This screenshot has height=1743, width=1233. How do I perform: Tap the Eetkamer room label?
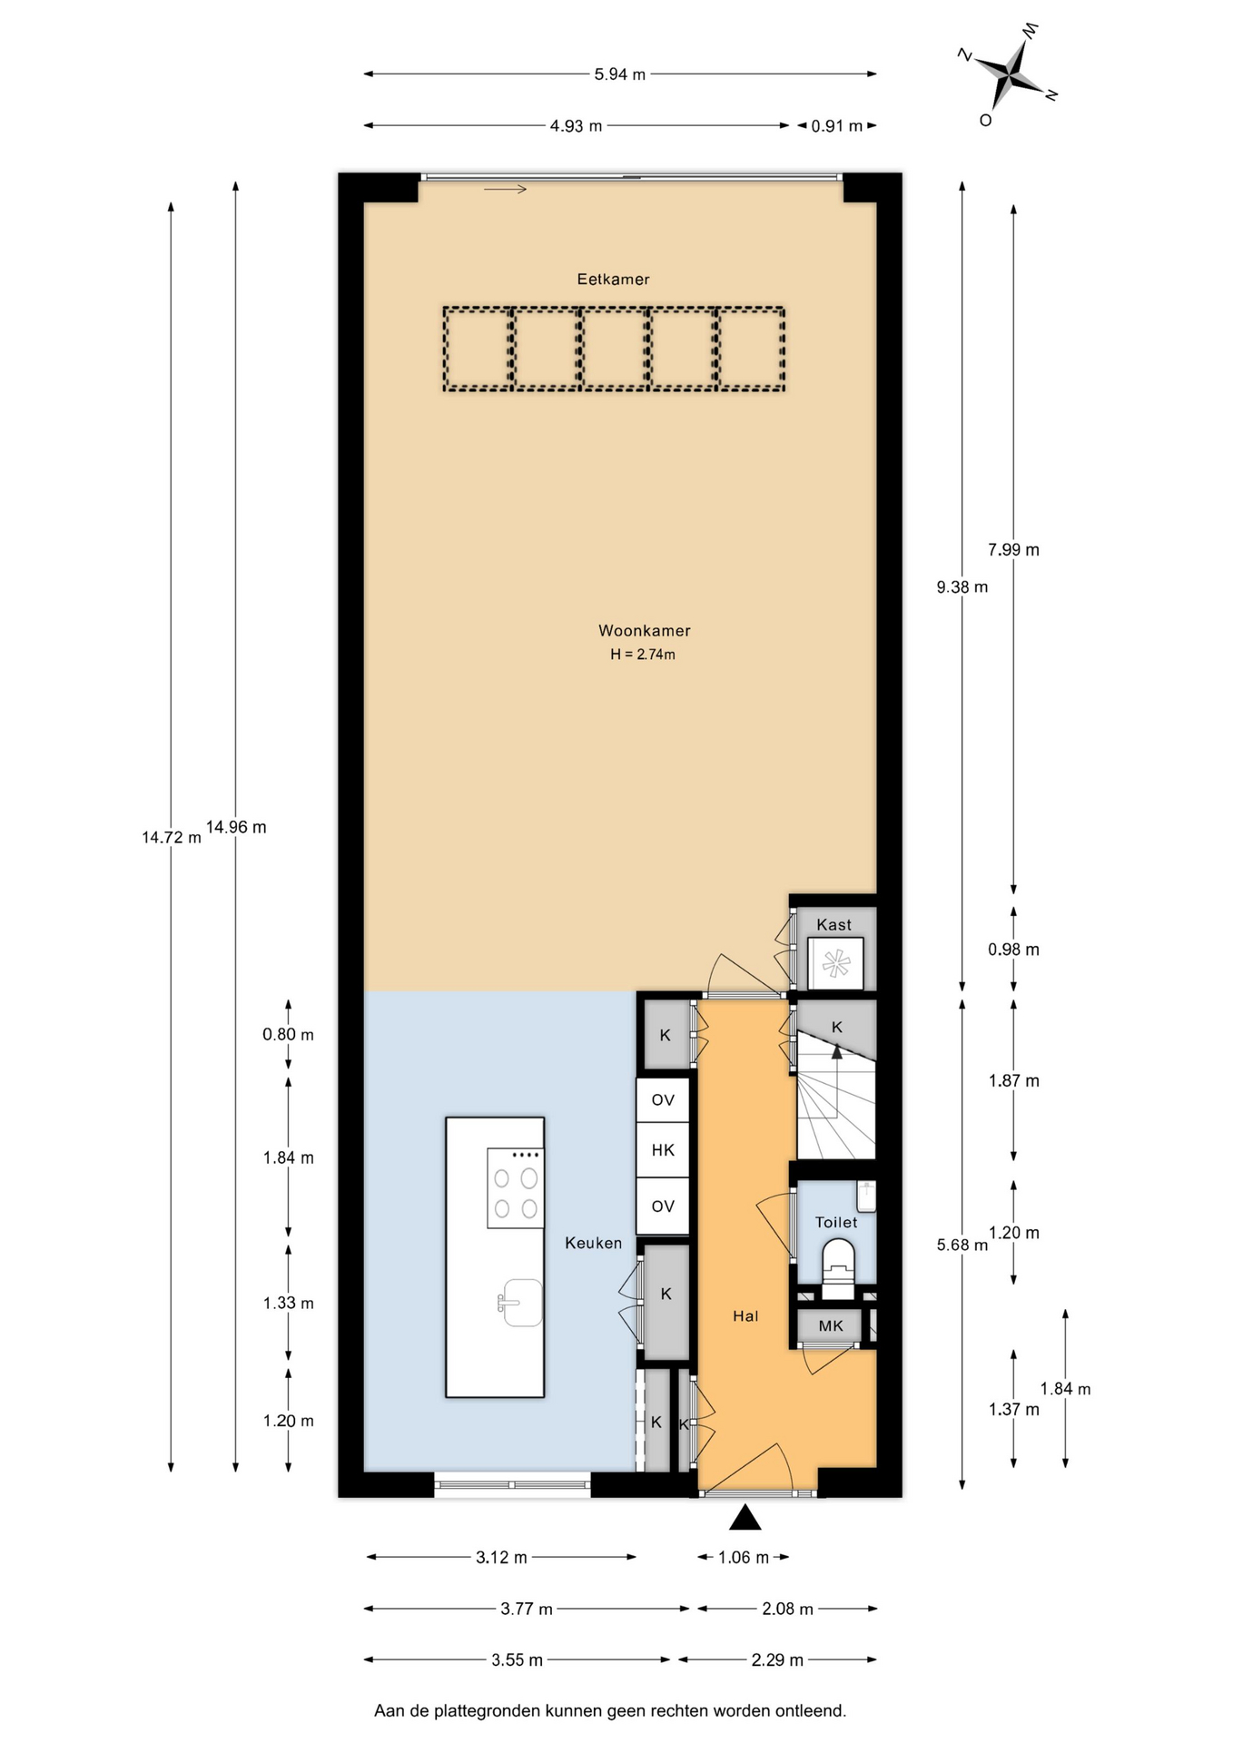coord(613,280)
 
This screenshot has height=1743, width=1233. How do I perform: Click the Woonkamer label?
coord(644,631)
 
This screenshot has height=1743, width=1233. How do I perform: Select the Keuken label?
coord(593,1243)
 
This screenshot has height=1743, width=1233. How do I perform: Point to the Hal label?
coord(745,1315)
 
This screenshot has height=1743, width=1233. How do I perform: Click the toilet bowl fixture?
coord(837,1265)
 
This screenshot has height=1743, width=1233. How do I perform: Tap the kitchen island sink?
coord(520,1303)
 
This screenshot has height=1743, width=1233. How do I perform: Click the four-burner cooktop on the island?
coord(516,1188)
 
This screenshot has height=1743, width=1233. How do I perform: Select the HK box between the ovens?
coord(663,1150)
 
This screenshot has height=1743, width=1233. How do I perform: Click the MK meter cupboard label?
coord(831,1325)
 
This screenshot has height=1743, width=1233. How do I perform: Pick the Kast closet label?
coord(834,925)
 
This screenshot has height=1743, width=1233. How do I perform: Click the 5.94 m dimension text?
coord(619,74)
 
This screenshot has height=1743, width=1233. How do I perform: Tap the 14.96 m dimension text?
coord(236,827)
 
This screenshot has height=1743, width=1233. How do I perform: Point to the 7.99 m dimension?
coord(1013,549)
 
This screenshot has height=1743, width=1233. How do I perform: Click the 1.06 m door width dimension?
coord(744,1558)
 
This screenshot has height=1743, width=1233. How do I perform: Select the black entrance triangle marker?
coord(745,1517)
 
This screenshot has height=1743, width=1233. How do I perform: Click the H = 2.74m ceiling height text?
coord(643,655)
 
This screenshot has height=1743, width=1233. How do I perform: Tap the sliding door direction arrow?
coord(505,189)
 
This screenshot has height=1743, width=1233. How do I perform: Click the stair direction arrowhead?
coord(837,1051)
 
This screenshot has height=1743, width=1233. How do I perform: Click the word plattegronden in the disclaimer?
coord(487,1711)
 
